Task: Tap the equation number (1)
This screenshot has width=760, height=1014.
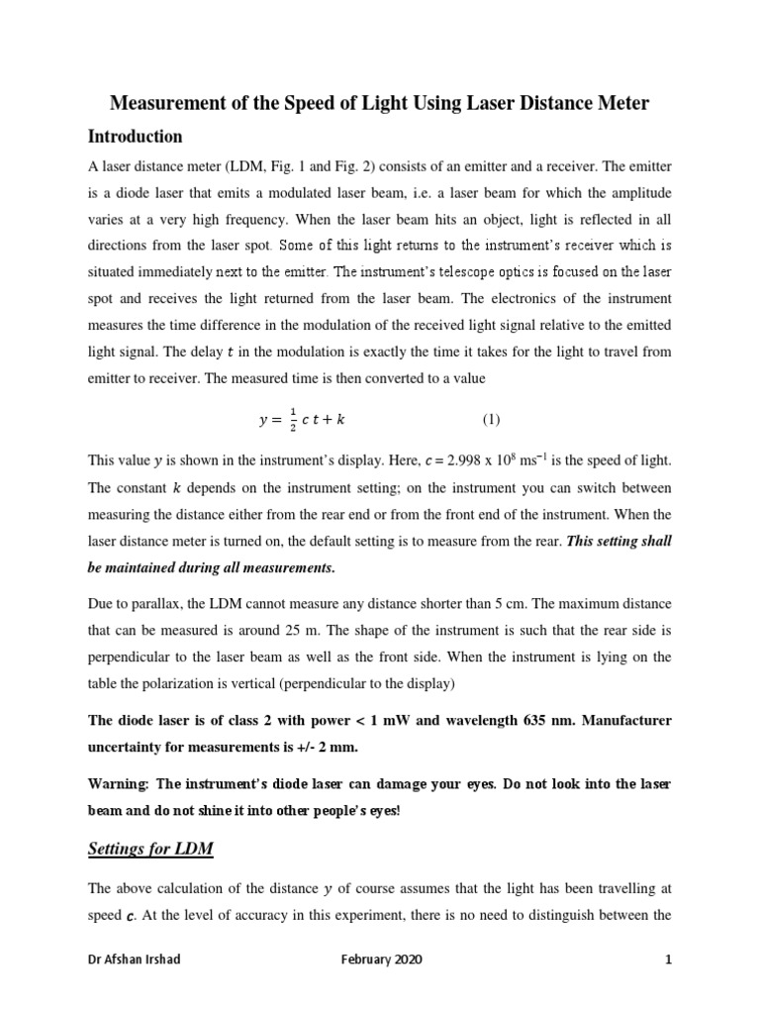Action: (x=492, y=419)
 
